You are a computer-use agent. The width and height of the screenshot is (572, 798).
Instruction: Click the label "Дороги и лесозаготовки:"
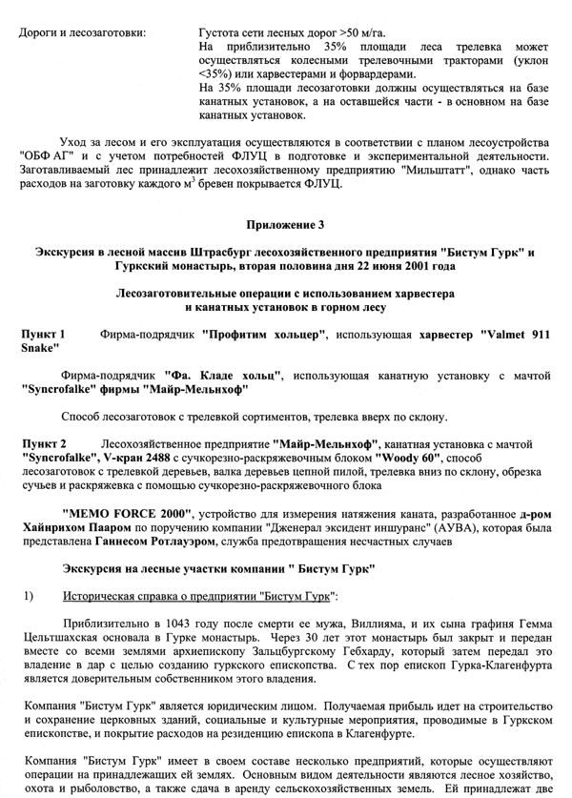pyautogui.click(x=82, y=32)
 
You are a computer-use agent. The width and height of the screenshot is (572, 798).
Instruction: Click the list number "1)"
pyautogui.click(x=29, y=596)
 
